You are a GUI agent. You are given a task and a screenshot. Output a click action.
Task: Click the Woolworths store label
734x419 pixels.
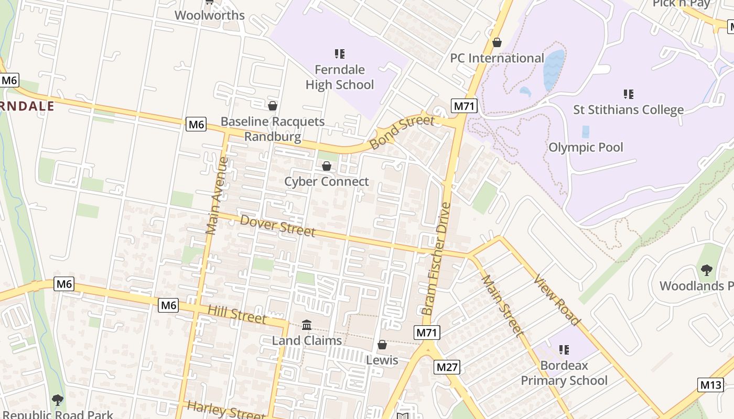click(209, 15)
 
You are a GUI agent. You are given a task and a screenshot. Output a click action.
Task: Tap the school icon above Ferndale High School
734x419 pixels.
click(339, 53)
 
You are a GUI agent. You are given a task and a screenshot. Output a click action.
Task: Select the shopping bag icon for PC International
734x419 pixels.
click(496, 42)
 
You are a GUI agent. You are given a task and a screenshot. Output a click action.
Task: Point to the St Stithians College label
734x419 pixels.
click(628, 109)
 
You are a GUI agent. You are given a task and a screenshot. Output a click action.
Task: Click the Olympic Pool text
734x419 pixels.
click(586, 147)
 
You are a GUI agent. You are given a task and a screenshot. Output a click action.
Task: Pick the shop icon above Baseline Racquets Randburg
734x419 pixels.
click(272, 106)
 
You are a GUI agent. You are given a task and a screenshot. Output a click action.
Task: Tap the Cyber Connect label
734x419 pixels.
click(327, 182)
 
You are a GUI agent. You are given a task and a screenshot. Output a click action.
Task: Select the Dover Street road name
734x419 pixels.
click(277, 225)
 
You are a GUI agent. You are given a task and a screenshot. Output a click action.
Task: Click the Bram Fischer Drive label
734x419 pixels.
click(437, 259)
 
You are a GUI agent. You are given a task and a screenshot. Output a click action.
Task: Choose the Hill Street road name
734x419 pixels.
click(237, 314)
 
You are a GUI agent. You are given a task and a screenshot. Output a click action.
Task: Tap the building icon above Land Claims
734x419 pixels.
click(307, 325)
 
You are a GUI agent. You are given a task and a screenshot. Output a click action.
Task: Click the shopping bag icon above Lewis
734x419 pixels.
click(382, 345)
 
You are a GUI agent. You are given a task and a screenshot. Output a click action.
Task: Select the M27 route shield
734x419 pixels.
click(447, 367)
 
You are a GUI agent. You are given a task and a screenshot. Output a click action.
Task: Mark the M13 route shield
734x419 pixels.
click(710, 385)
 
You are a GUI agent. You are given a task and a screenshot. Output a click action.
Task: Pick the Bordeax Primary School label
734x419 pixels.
click(564, 373)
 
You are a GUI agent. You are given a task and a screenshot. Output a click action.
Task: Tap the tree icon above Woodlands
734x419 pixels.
click(706, 270)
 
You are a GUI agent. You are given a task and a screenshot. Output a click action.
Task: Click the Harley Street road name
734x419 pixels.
click(225, 410)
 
